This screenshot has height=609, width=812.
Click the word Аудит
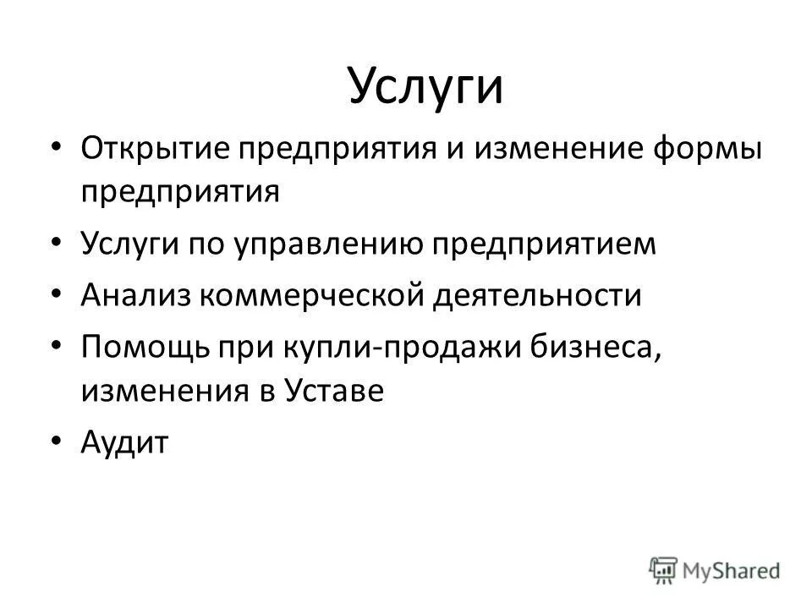pos(125,442)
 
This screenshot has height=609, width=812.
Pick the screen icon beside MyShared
pos(666,570)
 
